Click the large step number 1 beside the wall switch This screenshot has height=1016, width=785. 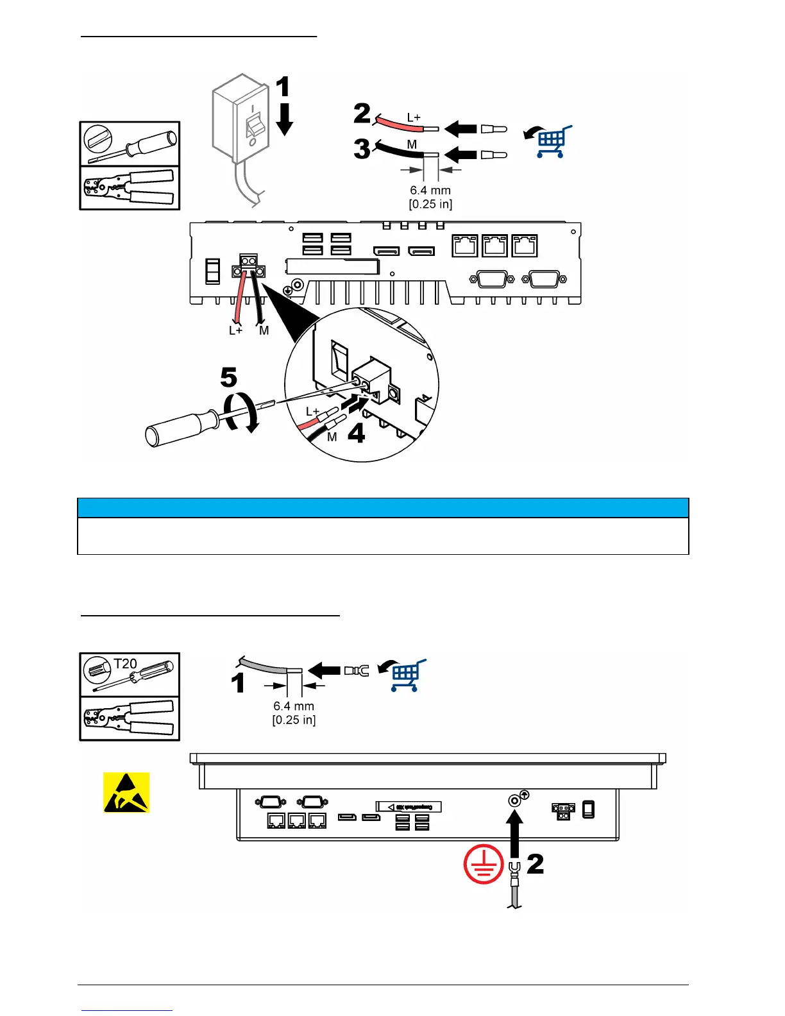(x=282, y=87)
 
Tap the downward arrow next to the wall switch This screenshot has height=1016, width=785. (x=283, y=119)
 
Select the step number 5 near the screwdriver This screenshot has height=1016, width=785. (x=229, y=378)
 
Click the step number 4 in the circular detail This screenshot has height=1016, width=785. (x=356, y=433)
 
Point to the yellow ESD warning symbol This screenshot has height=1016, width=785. (x=126, y=792)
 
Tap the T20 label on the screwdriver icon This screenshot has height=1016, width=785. (x=126, y=664)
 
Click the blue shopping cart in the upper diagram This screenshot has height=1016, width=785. (x=553, y=142)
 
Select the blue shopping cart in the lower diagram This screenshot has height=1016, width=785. (x=407, y=675)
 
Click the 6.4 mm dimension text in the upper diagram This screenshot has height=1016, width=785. (x=430, y=190)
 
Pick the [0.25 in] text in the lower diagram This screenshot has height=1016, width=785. (x=294, y=720)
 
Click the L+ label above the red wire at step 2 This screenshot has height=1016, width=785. (x=414, y=118)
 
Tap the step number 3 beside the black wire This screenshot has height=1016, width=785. (x=362, y=149)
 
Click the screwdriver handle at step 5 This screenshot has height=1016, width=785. (x=176, y=427)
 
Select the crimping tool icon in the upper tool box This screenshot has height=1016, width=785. (x=130, y=187)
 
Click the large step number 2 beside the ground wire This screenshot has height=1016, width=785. (x=536, y=864)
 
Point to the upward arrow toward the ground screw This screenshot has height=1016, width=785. (x=514, y=834)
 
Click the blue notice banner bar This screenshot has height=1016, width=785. (x=383, y=508)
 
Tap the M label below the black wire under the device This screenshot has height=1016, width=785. (x=264, y=331)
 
